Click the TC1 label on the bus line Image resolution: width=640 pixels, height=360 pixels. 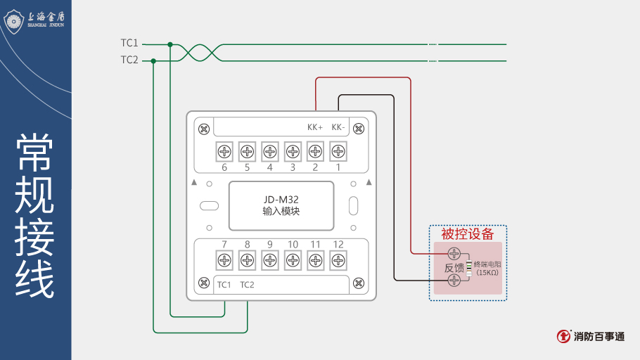point(129,44)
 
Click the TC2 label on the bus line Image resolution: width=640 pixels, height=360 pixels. point(129,60)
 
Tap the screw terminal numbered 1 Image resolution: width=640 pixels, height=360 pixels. point(338,151)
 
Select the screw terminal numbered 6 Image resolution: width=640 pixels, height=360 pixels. point(224,151)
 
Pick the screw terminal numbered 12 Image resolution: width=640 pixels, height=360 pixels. point(338,260)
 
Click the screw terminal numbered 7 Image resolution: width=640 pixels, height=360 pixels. point(224,260)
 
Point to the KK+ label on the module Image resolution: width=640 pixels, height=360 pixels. point(315,127)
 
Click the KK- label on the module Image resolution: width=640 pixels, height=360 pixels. point(338,127)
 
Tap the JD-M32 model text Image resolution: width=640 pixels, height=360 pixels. point(281,199)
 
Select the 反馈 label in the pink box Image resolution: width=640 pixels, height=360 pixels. point(454,268)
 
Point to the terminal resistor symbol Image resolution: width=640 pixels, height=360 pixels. point(468,268)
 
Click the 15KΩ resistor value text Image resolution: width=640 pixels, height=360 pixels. point(487,272)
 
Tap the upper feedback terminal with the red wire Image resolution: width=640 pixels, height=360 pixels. point(454,253)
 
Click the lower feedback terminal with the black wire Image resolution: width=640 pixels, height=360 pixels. point(454,281)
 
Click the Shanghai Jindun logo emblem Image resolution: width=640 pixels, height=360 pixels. point(15,21)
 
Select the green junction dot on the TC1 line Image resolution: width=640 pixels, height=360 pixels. point(170,44)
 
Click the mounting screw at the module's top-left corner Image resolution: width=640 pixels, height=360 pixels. point(203,129)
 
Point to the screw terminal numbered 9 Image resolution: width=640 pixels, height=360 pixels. point(269,260)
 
